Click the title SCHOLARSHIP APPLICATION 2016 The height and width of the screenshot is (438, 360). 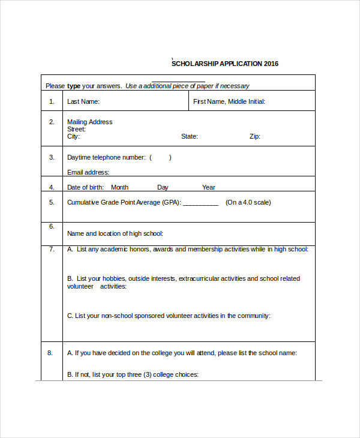(225, 64)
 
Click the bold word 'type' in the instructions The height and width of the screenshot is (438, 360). (73, 86)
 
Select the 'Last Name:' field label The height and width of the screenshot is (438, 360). (83, 102)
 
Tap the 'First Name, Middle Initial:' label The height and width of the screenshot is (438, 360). (229, 102)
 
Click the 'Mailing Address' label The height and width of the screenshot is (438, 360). (89, 122)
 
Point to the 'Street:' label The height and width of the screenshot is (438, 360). (76, 129)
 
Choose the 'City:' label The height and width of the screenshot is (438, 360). (73, 136)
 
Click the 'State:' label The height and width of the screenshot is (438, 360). (190, 136)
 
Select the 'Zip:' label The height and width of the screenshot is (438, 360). (255, 136)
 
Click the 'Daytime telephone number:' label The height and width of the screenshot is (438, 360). (106, 157)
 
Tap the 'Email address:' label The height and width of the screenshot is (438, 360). (88, 172)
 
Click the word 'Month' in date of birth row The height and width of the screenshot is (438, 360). (119, 187)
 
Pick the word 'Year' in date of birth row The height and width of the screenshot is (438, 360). (208, 187)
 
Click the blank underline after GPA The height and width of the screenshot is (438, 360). (200, 203)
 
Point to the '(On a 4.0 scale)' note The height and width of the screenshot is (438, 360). (248, 202)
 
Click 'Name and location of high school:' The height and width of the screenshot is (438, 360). (115, 233)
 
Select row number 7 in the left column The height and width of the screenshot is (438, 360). (52, 248)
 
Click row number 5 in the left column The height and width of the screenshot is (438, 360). (52, 202)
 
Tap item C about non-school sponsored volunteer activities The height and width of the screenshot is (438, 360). (169, 316)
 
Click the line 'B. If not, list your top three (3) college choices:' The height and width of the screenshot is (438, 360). (133, 374)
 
